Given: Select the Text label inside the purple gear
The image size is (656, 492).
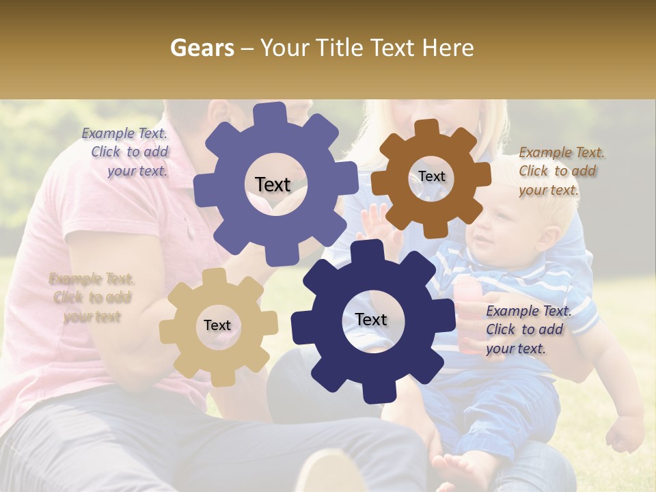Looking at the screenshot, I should pyautogui.click(x=273, y=184).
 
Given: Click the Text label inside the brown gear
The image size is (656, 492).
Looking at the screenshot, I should pyautogui.click(x=431, y=176).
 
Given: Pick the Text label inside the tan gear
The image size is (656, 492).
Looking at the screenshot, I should pyautogui.click(x=217, y=326).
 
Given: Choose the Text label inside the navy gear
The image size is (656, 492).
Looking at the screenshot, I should pyautogui.click(x=371, y=320).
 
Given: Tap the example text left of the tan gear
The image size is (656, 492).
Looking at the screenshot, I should pyautogui.click(x=92, y=297).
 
